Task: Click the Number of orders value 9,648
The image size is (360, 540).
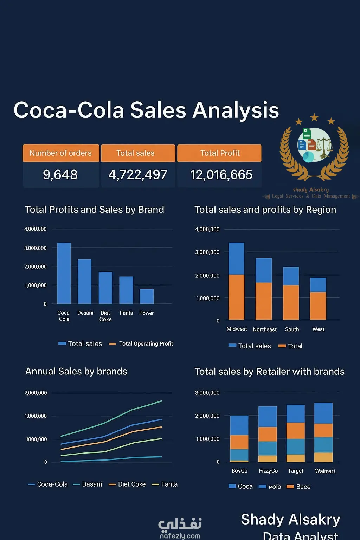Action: coord(60,175)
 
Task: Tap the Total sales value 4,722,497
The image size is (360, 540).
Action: coord(138,175)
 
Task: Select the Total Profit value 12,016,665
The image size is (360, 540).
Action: coord(221,175)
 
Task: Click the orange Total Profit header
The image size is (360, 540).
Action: coord(219,153)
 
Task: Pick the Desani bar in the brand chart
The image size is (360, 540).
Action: coord(84,281)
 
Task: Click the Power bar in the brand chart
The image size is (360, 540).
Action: coord(147,296)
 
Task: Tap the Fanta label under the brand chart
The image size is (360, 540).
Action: coord(126,313)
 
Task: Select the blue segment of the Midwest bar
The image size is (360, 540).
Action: coord(236,258)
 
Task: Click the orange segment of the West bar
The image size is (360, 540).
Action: coord(318,306)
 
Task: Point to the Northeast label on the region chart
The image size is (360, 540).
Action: coord(264,329)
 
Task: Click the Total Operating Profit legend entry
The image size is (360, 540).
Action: coord(141,344)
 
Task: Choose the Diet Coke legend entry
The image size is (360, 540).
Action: coord(127,484)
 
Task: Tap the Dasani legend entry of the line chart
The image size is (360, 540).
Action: coord(88,484)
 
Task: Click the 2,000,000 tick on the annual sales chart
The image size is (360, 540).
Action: coord(36,393)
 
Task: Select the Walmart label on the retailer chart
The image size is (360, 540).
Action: coord(325,471)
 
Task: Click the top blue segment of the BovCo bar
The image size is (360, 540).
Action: coord(239,425)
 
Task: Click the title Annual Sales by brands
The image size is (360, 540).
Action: coord(76,372)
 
